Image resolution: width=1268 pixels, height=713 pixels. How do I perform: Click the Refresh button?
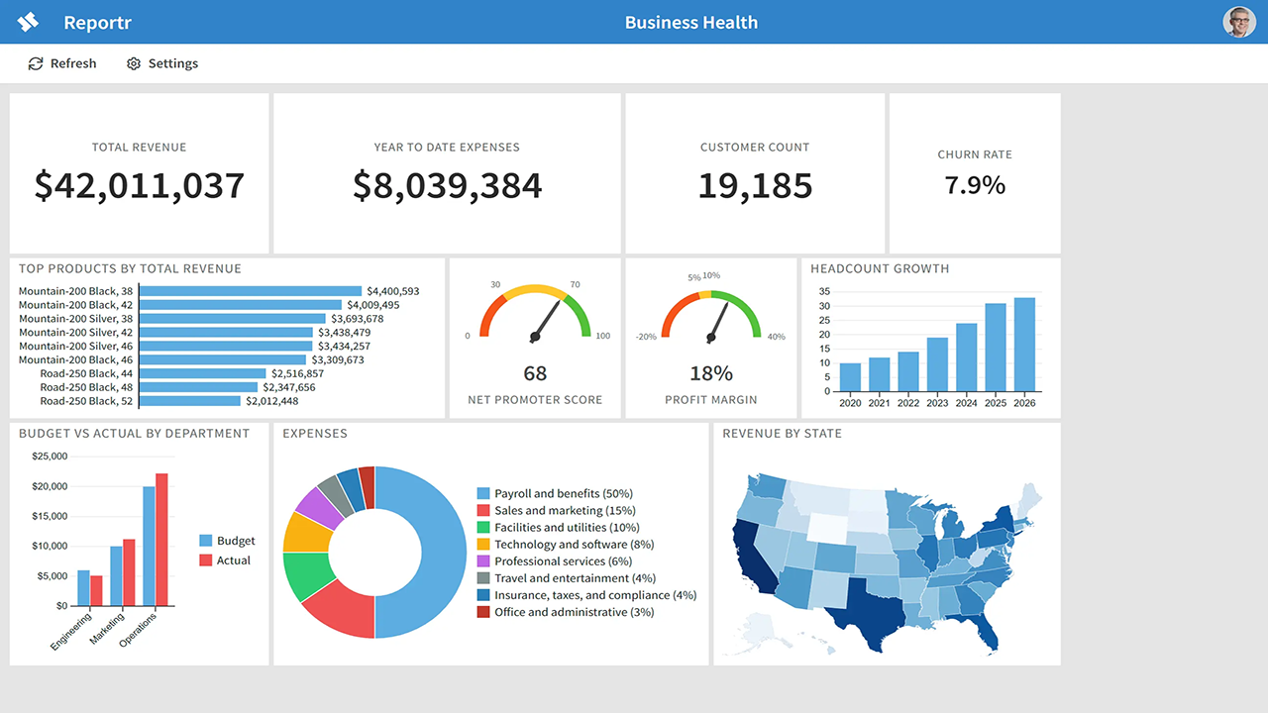[62, 63]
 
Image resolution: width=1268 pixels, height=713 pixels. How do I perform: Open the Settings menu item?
[162, 63]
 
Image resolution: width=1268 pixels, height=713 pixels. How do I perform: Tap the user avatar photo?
[1238, 22]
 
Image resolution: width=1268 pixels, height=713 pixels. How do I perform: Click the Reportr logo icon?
[28, 22]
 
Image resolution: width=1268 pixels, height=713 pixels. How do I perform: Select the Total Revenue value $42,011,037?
[140, 185]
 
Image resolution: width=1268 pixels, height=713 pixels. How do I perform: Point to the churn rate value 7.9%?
[975, 185]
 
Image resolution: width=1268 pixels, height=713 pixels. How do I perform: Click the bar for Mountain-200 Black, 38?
[251, 291]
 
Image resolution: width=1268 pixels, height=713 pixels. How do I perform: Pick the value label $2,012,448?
[271, 401]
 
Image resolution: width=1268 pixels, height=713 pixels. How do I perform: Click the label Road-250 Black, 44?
[86, 373]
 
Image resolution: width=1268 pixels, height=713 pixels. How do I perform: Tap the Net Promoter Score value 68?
[535, 373]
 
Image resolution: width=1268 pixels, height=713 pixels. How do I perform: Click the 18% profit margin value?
[711, 373]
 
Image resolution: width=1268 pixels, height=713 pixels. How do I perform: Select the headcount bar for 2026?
[1024, 345]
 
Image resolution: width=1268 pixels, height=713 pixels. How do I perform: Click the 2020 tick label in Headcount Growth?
[850, 403]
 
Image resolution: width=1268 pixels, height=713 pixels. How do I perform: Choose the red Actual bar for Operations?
[161, 540]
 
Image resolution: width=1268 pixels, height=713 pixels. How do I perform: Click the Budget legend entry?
[227, 541]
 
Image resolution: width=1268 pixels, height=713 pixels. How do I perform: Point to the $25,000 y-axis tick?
[50, 457]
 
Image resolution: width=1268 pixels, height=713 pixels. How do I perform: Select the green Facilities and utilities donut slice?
[307, 575]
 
